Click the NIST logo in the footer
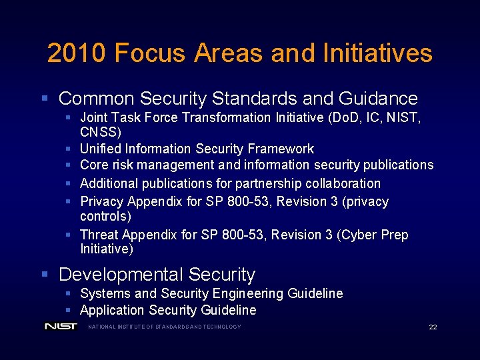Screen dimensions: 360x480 [x=61, y=326]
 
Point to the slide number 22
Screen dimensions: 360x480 [x=433, y=327]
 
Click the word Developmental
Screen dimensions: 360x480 [x=121, y=274]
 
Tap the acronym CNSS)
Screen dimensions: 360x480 [x=101, y=132]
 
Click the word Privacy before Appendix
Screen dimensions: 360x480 [x=102, y=201]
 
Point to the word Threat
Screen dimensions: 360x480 [x=99, y=235]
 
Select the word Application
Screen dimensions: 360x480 [x=112, y=310]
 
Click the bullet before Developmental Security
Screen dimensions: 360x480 [x=45, y=274]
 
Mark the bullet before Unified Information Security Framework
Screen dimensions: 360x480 [x=69, y=149]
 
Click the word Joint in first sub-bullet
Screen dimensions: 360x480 [x=95, y=117]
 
